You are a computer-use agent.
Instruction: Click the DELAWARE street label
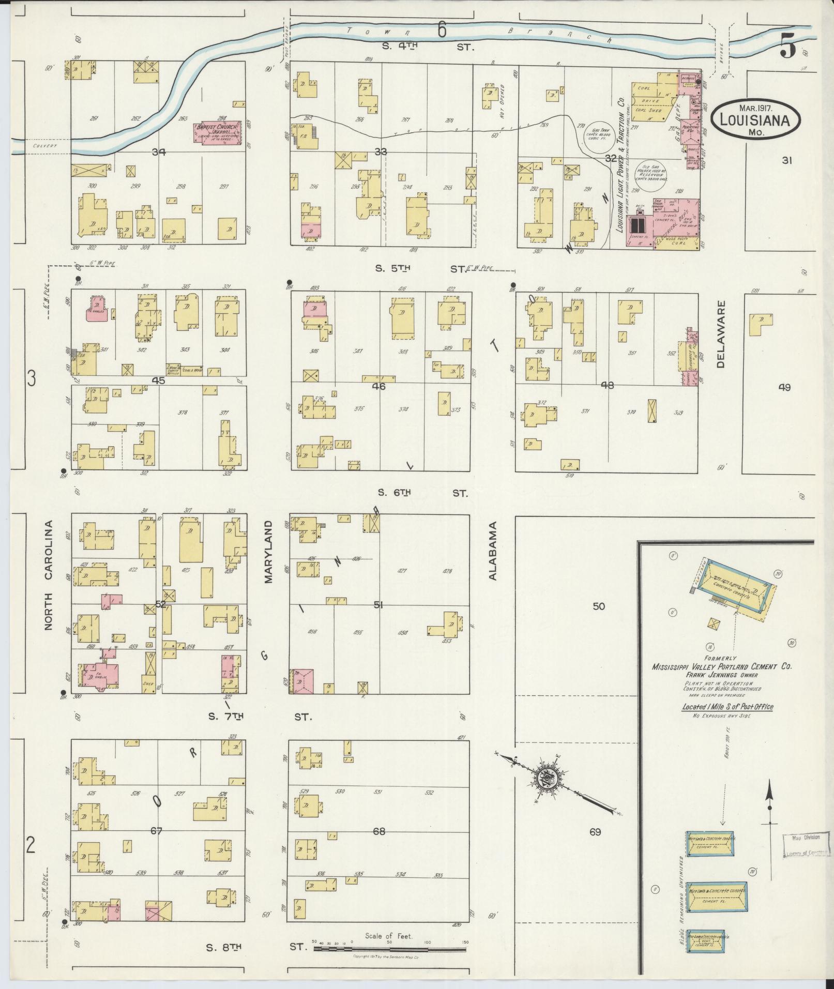pos(721,334)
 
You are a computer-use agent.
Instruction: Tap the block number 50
pos(598,606)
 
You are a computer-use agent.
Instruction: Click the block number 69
pos(595,832)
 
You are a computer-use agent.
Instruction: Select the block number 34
pos(159,152)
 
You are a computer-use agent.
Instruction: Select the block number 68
pos(379,832)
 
